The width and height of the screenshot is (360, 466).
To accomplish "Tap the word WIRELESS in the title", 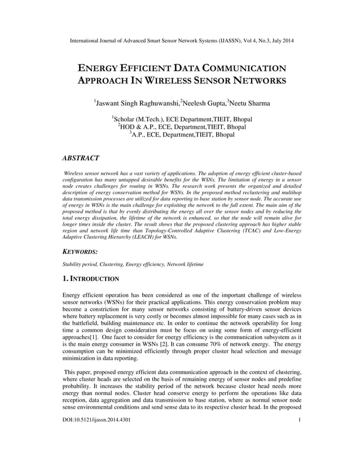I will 170,81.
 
